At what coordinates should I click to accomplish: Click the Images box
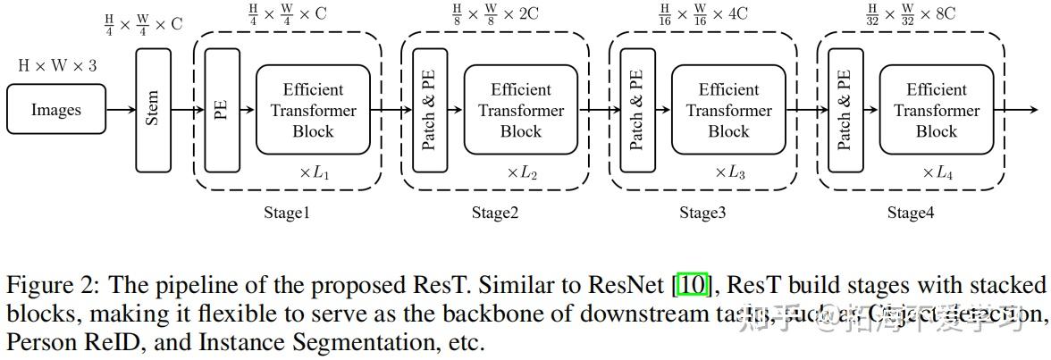point(55,110)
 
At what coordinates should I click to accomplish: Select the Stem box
point(153,110)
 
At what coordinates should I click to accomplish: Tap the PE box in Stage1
point(222,110)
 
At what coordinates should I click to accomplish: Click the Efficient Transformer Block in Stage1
point(313,110)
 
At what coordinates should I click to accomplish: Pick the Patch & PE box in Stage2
point(430,110)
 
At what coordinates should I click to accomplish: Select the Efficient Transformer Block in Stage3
point(728,110)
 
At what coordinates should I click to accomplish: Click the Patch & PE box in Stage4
point(845,110)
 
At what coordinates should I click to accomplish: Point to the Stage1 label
point(287,213)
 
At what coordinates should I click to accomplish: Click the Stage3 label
point(702,213)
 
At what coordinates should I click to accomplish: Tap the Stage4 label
point(911,213)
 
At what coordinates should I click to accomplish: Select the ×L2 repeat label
point(522,172)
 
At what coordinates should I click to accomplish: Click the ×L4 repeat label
point(937,172)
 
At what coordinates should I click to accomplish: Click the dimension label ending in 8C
point(911,14)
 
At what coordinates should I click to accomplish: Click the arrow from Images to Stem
point(120,110)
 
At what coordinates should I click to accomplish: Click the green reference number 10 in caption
point(694,286)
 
